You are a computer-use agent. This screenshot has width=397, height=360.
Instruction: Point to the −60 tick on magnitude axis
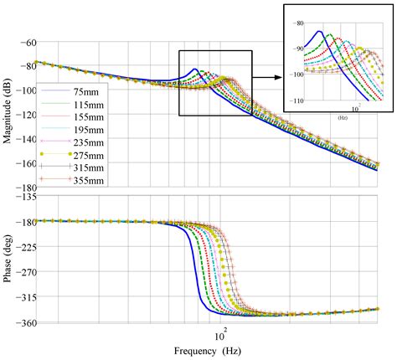click(x=25, y=43)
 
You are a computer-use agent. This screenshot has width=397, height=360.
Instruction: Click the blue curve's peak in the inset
click(x=319, y=31)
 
